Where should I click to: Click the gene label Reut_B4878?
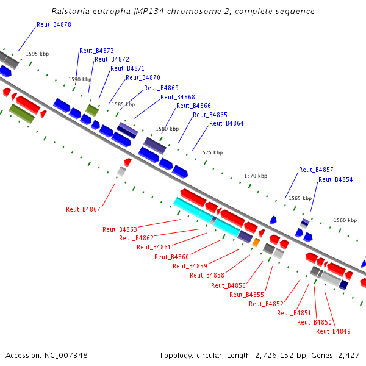point(54,25)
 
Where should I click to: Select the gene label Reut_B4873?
point(96,51)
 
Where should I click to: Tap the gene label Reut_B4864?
point(226,124)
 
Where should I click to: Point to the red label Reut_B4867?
point(83,210)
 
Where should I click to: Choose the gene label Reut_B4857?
point(316,170)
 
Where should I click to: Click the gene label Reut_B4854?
point(335,180)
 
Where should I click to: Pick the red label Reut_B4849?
point(333,332)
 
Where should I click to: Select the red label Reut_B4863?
point(120,230)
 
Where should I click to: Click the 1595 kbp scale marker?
point(37,54)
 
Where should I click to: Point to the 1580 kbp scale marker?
point(167,129)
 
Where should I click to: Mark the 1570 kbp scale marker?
point(256,176)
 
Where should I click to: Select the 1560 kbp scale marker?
point(345,220)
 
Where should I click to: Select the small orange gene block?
point(256,243)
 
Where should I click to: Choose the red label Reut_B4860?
point(171,257)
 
